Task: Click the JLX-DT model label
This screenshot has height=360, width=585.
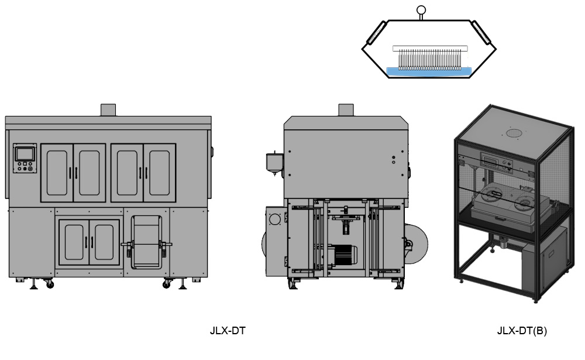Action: pos(228,331)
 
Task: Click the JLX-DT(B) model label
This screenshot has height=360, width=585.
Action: pos(522,331)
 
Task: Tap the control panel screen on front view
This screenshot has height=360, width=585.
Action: pos(25,154)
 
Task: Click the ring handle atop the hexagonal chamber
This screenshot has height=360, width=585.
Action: pos(421,10)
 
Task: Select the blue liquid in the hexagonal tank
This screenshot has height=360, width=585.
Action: pos(429,71)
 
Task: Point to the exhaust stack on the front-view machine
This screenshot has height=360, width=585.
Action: pos(108,110)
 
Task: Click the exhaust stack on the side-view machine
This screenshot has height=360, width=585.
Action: pos(346,110)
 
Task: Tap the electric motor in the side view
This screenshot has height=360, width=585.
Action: pos(343,256)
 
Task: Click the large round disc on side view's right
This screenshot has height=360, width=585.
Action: pos(417,244)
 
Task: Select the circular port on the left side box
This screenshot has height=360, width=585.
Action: pos(275,219)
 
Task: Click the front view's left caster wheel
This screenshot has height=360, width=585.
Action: pos(50,284)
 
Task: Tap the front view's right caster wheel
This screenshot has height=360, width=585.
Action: pos(166,284)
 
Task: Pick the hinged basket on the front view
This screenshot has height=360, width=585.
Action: pos(146,242)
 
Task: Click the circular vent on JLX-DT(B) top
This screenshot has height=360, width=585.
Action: pos(514,132)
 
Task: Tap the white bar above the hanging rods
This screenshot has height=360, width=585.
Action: pos(430,48)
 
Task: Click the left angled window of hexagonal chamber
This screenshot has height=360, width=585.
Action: pos(376,33)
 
